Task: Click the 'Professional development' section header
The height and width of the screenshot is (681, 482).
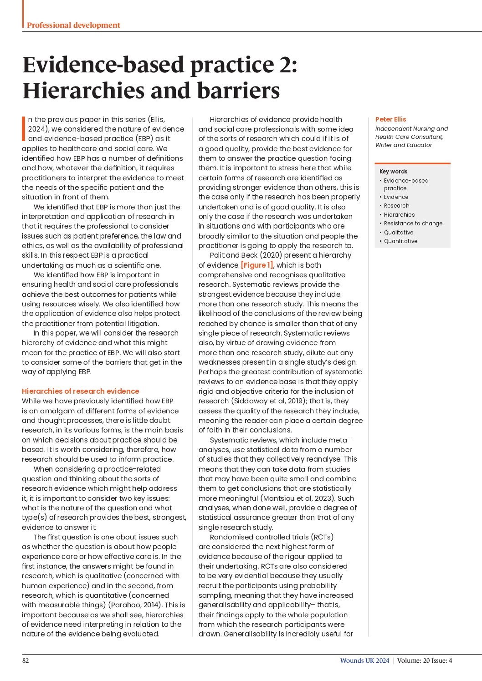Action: click(x=73, y=25)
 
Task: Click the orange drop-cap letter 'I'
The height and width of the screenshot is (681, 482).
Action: click(x=24, y=129)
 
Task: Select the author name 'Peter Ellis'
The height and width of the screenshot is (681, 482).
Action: click(x=390, y=119)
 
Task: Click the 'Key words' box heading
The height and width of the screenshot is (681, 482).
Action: click(x=393, y=172)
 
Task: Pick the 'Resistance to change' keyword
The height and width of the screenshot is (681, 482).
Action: click(x=413, y=224)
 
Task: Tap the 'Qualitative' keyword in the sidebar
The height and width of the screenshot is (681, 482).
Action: click(x=399, y=233)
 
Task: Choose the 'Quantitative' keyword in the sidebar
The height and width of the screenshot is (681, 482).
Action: click(x=400, y=241)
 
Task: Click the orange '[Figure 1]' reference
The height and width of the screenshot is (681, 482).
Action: click(x=257, y=265)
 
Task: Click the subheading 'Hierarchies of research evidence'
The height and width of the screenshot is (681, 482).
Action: click(x=80, y=391)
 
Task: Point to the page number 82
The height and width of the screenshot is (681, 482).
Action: click(x=26, y=661)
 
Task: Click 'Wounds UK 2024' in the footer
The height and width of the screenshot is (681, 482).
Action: click(x=364, y=661)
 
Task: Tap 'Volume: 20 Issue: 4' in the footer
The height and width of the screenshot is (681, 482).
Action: click(x=424, y=661)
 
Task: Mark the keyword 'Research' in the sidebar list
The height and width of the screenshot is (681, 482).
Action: click(x=396, y=206)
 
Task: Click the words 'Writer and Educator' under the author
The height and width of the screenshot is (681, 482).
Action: click(x=404, y=145)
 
